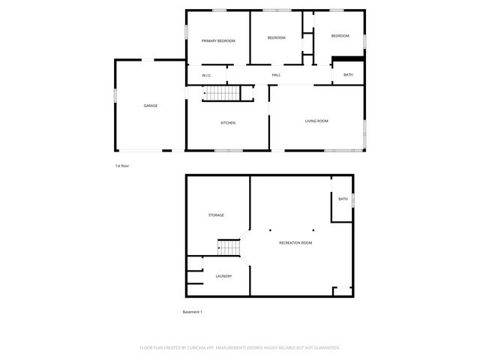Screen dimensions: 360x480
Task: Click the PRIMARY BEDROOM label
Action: (218, 40)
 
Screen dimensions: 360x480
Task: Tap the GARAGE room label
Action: (151, 106)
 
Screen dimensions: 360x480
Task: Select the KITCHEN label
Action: (228, 122)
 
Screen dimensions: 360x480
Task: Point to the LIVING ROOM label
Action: (316, 121)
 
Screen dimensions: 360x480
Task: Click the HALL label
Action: (276, 75)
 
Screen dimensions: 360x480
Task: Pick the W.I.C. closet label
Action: (208, 75)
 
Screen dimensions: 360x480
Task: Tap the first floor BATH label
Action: (348, 75)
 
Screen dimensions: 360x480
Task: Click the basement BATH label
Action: (343, 199)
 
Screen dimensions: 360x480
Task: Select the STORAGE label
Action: (216, 215)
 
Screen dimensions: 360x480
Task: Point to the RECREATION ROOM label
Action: (295, 243)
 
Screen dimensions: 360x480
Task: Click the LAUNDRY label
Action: (223, 276)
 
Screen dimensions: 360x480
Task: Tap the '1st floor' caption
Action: (121, 165)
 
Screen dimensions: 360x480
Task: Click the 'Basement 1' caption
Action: (193, 311)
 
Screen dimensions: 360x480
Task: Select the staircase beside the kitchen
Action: (222, 93)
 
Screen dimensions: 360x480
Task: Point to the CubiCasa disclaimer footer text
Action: (240, 348)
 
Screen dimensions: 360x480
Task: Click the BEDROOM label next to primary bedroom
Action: (276, 37)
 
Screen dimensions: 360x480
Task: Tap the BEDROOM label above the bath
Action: (340, 36)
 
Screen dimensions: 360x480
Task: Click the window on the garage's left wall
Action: (115, 97)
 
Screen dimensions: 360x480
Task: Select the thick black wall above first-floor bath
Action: (348, 59)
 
